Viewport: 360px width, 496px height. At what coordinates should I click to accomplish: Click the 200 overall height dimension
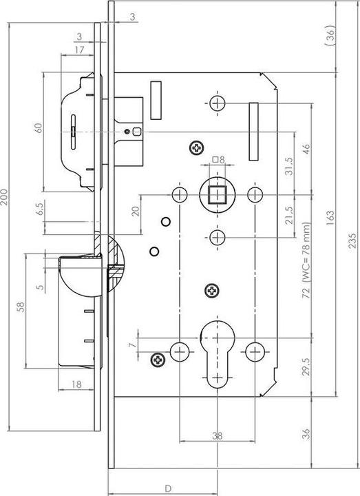pos(4,197)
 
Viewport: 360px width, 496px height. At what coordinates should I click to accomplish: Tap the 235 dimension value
pos(353,240)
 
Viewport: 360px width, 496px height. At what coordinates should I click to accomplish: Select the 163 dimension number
pos(330,217)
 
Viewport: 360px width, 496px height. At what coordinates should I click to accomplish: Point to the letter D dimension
pos(169,488)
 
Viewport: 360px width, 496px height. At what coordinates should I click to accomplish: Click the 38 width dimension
pos(217,436)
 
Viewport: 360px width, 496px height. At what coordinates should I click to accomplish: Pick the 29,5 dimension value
pos(306,366)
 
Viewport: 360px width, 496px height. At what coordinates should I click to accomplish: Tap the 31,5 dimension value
pos(289,166)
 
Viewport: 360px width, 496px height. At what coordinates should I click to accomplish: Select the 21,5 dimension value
pos(289,216)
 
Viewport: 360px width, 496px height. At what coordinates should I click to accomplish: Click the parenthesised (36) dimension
pos(330,35)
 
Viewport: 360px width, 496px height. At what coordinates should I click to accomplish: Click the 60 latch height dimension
pos(39,128)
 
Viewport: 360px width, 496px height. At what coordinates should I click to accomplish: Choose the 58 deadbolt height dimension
pos(21,307)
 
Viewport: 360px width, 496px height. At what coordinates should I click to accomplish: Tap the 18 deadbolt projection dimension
pos(76,384)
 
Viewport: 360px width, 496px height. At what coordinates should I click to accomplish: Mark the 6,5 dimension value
pos(41,209)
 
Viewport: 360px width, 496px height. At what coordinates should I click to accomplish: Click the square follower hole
pos(217,194)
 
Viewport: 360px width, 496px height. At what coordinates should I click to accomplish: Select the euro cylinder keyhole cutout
pos(218,353)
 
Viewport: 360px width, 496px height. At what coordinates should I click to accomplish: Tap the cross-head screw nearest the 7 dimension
pos(158,360)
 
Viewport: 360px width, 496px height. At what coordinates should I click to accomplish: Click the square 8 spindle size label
pos(218,160)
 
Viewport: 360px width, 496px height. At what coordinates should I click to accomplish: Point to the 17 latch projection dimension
pos(79,50)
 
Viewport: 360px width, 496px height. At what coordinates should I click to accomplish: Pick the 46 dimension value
pos(306,149)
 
